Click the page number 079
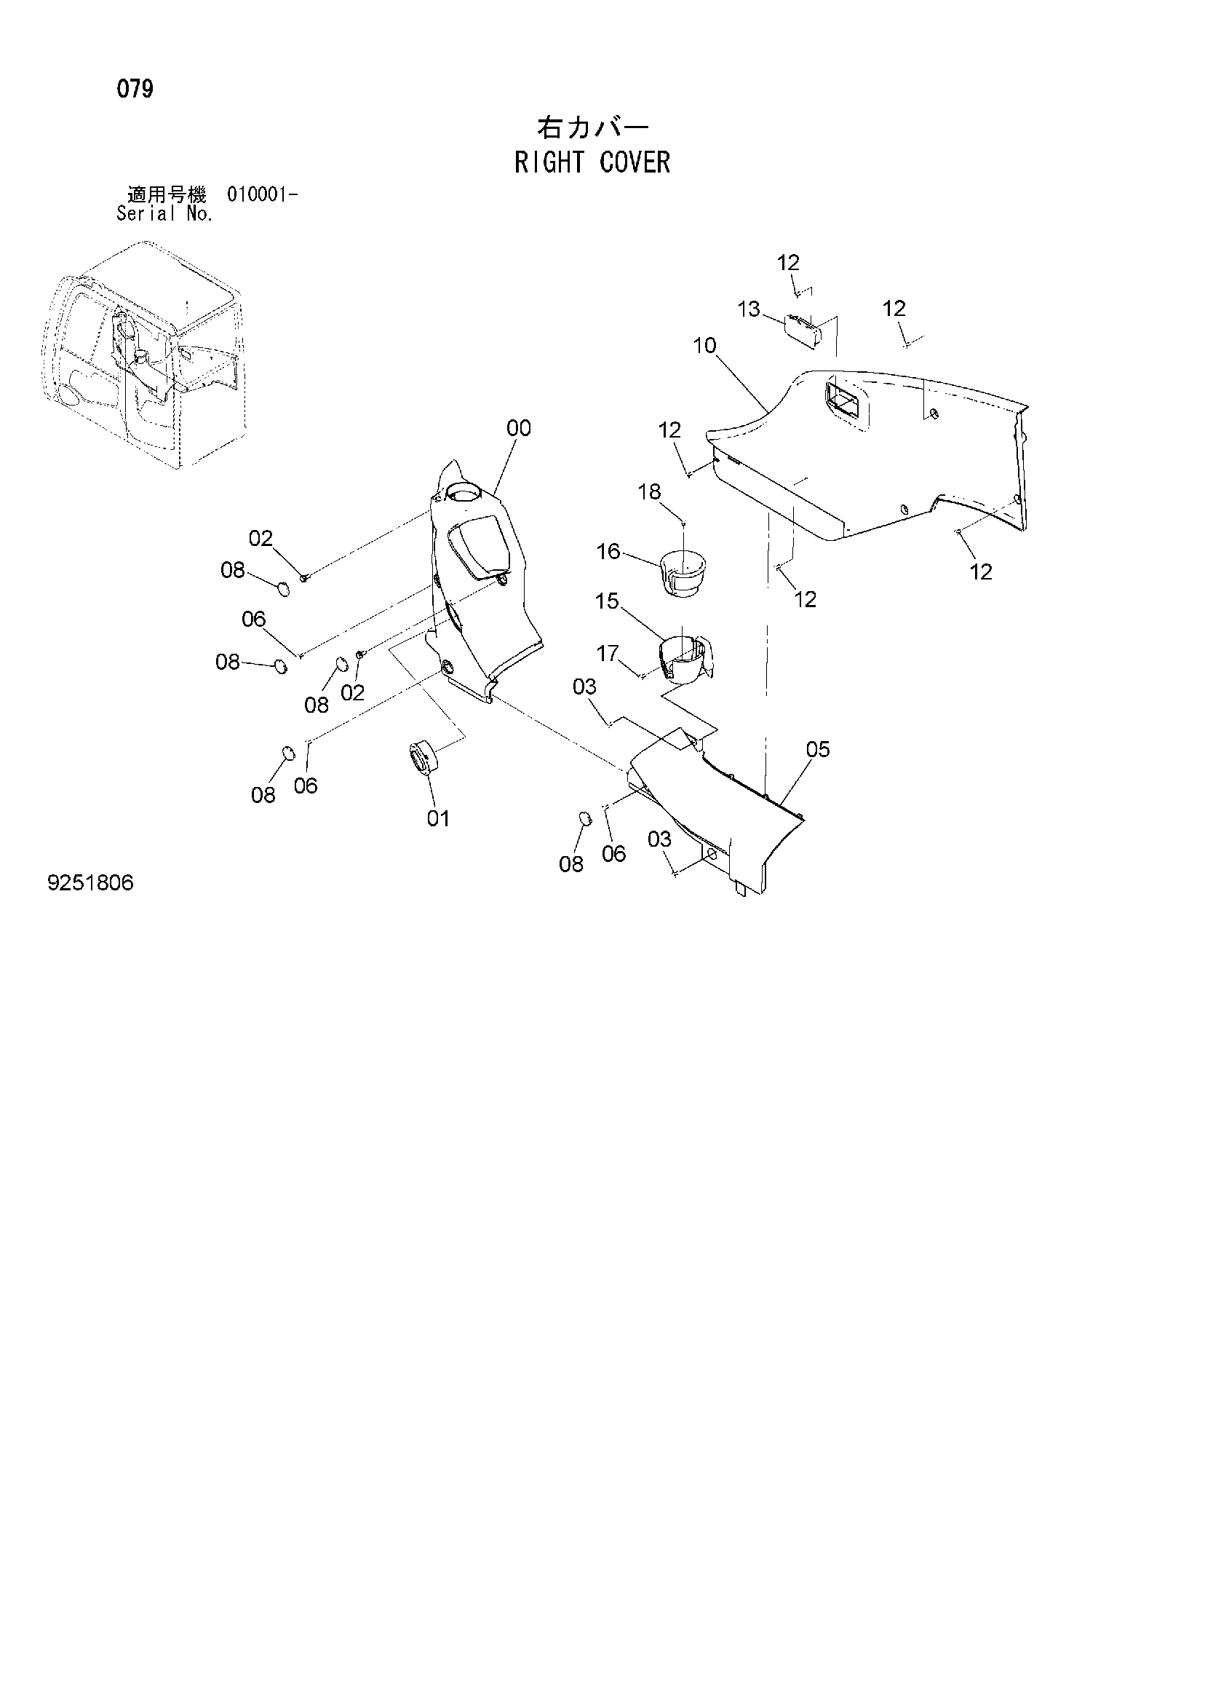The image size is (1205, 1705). (x=135, y=89)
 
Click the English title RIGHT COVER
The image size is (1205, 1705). (x=592, y=162)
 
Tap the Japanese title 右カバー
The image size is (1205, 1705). (x=593, y=127)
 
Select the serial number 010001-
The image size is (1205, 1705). (x=263, y=195)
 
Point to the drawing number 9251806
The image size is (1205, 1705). (x=90, y=883)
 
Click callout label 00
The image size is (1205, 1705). (x=519, y=429)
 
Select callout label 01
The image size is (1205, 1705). (x=438, y=818)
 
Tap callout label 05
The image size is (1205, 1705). (x=817, y=749)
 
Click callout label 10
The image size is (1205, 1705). (x=704, y=345)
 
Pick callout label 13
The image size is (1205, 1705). (x=749, y=309)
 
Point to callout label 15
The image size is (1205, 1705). (x=607, y=601)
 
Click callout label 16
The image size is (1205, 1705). (x=608, y=551)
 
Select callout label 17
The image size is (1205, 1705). (x=608, y=653)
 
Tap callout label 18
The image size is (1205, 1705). (x=649, y=491)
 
